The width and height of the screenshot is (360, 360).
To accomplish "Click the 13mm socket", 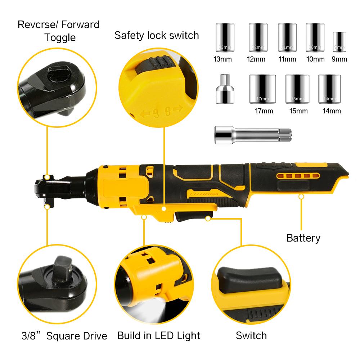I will pos(225,37).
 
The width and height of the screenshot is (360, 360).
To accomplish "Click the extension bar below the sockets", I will pos(244,135).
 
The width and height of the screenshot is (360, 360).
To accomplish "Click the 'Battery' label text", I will pos(303,238).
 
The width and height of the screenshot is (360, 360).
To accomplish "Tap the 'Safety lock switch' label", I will pos(157,35).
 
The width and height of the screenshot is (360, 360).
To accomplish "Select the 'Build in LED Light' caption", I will pos(158,336).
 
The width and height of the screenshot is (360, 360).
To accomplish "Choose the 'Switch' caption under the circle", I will pos(251,336).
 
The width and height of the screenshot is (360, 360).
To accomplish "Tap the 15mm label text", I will pos(299,111).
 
